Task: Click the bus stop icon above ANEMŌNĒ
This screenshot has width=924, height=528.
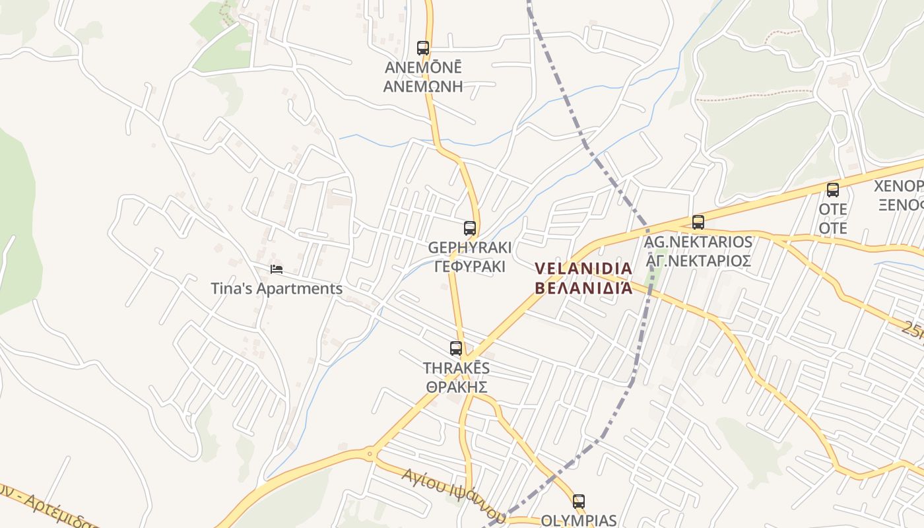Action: [423, 48]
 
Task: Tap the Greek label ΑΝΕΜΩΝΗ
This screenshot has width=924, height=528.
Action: [423, 86]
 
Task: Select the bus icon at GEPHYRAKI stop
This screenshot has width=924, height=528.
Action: [470, 228]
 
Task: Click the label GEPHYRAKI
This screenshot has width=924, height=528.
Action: [470, 248]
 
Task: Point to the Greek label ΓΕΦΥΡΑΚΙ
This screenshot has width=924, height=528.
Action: [470, 266]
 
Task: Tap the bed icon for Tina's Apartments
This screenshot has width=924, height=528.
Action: [277, 269]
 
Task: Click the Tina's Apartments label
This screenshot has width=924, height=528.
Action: [277, 288]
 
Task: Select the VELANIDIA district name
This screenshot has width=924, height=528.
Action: [583, 269]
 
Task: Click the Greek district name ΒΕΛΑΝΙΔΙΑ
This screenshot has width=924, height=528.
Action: [583, 288]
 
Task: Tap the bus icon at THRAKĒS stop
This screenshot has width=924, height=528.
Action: [456, 348]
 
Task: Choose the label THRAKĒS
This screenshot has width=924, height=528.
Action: [457, 368]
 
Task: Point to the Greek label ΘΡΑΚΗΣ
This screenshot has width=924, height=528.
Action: [457, 386]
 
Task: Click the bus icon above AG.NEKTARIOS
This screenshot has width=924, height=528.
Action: [698, 222]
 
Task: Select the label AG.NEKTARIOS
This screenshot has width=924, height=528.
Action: [698, 242]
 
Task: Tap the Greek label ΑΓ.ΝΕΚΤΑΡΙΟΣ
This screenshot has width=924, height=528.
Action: [698, 260]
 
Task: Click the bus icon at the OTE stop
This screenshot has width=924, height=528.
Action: [833, 190]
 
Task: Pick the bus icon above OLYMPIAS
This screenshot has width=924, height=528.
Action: [579, 501]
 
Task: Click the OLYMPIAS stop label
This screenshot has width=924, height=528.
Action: [579, 520]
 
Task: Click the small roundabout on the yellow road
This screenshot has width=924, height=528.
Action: [370, 453]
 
